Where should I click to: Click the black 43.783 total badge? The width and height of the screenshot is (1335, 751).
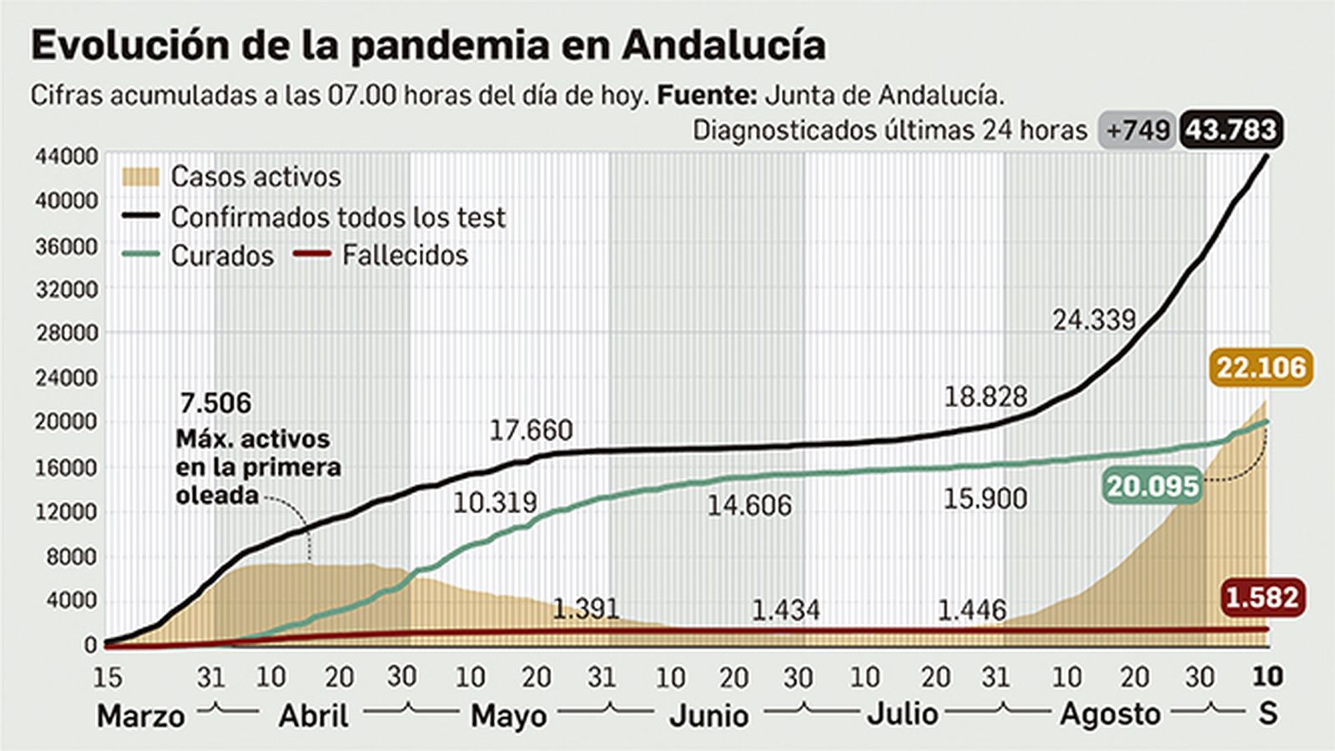point(1232,131)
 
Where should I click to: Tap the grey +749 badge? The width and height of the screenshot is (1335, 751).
point(1138,131)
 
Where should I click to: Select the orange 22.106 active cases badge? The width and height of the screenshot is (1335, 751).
point(1261,367)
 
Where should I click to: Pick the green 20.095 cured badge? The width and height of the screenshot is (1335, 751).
point(1153,486)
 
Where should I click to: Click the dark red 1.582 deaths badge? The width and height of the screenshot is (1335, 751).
point(1262,597)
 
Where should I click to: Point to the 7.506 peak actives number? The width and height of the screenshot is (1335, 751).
point(215,403)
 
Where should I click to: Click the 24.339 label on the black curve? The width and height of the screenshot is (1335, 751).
point(1094,320)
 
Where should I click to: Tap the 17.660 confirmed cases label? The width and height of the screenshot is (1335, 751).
point(531,431)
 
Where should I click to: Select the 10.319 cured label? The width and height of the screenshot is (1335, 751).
point(495,503)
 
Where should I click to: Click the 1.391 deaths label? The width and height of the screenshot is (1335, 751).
point(586,609)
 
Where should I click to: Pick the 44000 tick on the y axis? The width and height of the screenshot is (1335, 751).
point(66,156)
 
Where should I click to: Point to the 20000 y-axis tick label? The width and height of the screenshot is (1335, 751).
point(66,421)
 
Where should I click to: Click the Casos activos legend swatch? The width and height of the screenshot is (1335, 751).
point(140,177)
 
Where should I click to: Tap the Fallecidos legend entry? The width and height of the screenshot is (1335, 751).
point(405,255)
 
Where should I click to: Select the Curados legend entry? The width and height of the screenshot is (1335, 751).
point(222,255)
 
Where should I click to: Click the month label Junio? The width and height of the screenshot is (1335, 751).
point(708,716)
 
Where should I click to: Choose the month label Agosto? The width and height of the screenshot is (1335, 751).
point(1110,715)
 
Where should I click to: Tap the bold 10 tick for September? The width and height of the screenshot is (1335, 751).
point(1267,676)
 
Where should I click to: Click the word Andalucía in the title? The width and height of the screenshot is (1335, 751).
point(723,45)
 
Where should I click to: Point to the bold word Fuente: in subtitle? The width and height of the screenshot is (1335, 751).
point(707,95)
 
